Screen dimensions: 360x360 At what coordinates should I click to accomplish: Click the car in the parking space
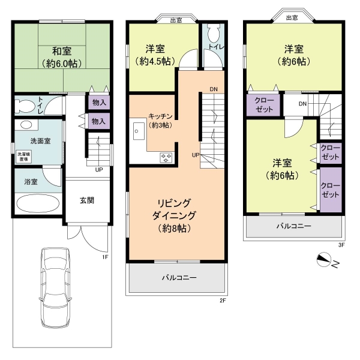[x=55, y=288]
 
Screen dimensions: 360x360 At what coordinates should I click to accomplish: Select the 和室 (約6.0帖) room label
[x=62, y=57]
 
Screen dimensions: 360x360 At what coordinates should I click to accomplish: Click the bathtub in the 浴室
[x=38, y=203]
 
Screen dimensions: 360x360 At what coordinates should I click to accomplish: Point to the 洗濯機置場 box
[x=24, y=157]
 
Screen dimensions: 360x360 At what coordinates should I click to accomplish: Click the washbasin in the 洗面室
[x=26, y=125]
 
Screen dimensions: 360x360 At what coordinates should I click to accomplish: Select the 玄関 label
[x=87, y=200]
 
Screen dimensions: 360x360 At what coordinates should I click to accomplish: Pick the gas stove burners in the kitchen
[x=166, y=158]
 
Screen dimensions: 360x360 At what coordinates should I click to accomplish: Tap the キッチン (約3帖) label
[x=160, y=121]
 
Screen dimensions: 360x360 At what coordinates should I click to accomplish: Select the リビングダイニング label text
[x=174, y=209]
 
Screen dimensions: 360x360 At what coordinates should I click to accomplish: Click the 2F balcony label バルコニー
[x=179, y=278]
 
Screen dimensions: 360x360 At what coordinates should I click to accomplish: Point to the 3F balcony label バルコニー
[x=293, y=226]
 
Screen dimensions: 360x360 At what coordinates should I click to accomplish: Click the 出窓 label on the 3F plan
[x=292, y=17]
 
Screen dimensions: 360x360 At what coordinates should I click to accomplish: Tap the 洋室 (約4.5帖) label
[x=155, y=55]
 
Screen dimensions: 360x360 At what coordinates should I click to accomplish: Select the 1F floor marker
[x=105, y=257]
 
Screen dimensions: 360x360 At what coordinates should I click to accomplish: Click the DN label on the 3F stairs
[x=302, y=104]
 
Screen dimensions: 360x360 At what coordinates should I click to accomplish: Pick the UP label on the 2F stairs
[x=196, y=155]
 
